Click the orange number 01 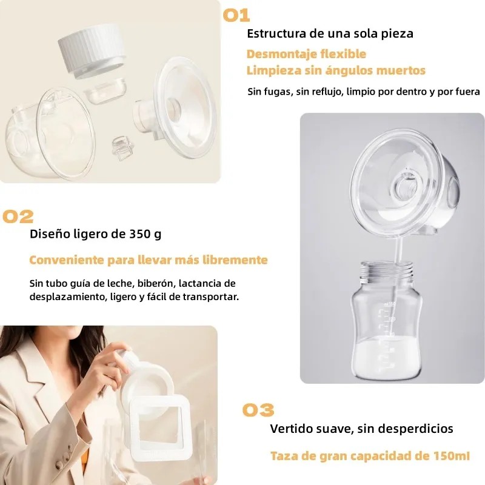[236, 15]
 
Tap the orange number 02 [18, 216]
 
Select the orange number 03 [258, 410]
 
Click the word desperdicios [418, 429]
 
